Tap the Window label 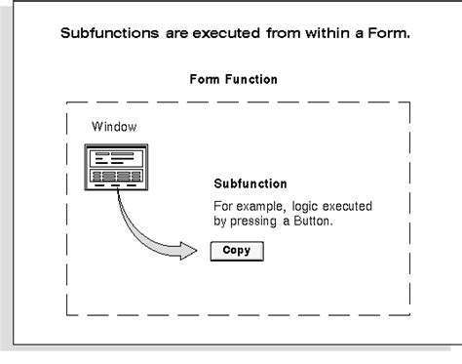coord(112,127)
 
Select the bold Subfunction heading coord(250,184)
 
